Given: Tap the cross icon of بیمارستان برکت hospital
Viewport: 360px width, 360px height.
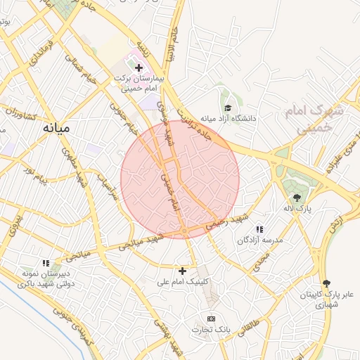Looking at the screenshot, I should click(139, 68).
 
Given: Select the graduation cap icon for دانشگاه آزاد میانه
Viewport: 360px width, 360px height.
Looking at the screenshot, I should click(228, 108).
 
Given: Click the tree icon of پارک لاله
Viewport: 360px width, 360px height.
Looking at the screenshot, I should click(296, 198).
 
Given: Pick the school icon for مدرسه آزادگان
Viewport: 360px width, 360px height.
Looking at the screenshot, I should click(259, 229).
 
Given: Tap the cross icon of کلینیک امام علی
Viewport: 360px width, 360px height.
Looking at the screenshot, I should click(183, 270).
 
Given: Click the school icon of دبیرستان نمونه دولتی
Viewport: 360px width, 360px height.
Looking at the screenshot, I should click(46, 263).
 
